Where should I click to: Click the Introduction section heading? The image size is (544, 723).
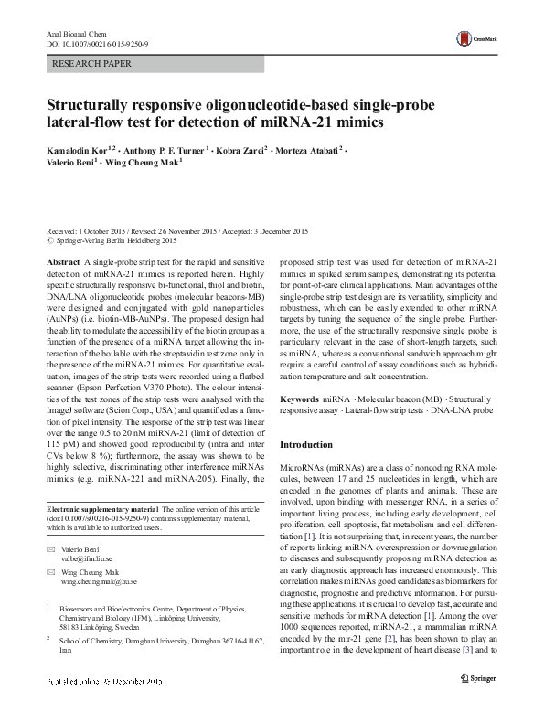307,444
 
